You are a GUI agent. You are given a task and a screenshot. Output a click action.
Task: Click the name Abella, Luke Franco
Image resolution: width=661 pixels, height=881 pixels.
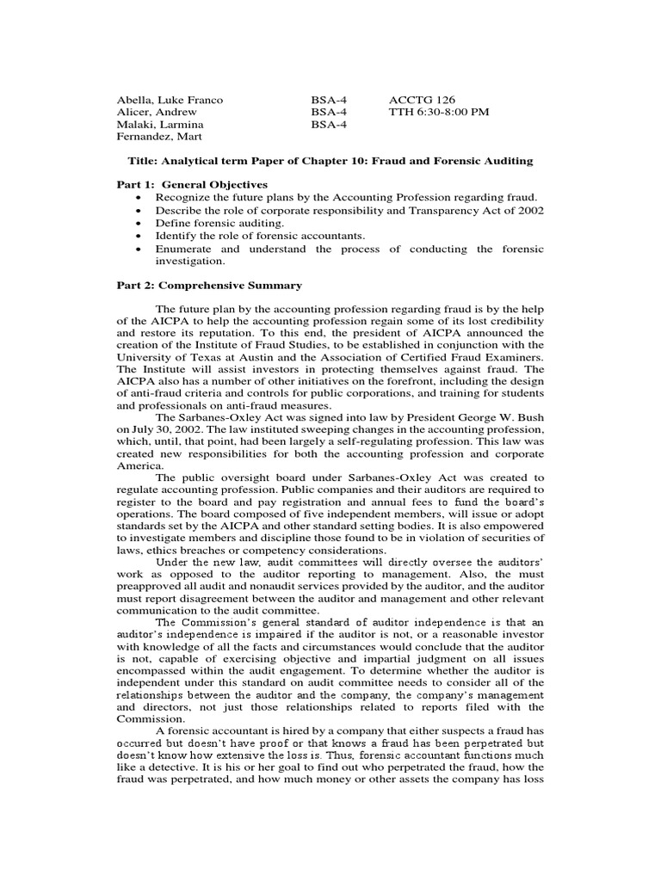(170, 100)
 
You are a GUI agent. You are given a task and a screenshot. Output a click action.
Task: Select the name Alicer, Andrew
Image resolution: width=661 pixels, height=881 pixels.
(157, 112)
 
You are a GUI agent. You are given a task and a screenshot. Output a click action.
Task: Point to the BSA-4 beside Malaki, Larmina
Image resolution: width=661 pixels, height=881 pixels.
(329, 124)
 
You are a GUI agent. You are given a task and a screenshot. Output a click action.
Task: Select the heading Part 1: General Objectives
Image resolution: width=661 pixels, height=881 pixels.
(192, 185)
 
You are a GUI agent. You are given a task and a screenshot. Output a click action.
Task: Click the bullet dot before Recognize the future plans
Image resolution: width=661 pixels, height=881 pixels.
(138, 198)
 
